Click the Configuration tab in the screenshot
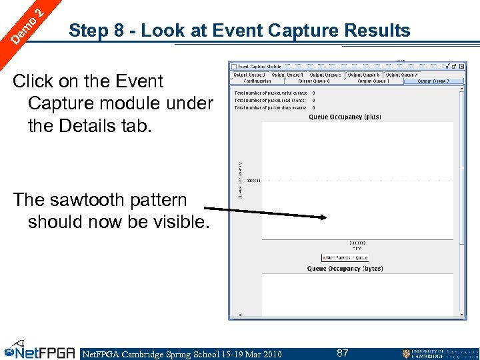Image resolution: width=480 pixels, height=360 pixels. [x=257, y=81]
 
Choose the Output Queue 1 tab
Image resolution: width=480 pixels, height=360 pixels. [x=373, y=81]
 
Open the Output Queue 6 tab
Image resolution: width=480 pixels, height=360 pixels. [x=364, y=75]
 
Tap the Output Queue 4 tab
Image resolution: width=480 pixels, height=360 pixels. [x=287, y=75]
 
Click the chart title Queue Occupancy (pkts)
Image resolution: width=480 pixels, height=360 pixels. [x=345, y=117]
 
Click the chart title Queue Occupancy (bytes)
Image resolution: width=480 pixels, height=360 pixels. [x=345, y=269]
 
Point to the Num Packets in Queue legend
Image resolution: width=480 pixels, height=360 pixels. [x=345, y=257]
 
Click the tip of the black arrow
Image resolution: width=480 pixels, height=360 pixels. [x=325, y=217]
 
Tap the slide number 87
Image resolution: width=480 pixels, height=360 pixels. [x=343, y=353]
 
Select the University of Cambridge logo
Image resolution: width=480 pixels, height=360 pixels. [x=440, y=353]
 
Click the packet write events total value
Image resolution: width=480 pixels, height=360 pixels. [x=314, y=93]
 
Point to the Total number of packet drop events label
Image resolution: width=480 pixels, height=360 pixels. [x=270, y=107]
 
